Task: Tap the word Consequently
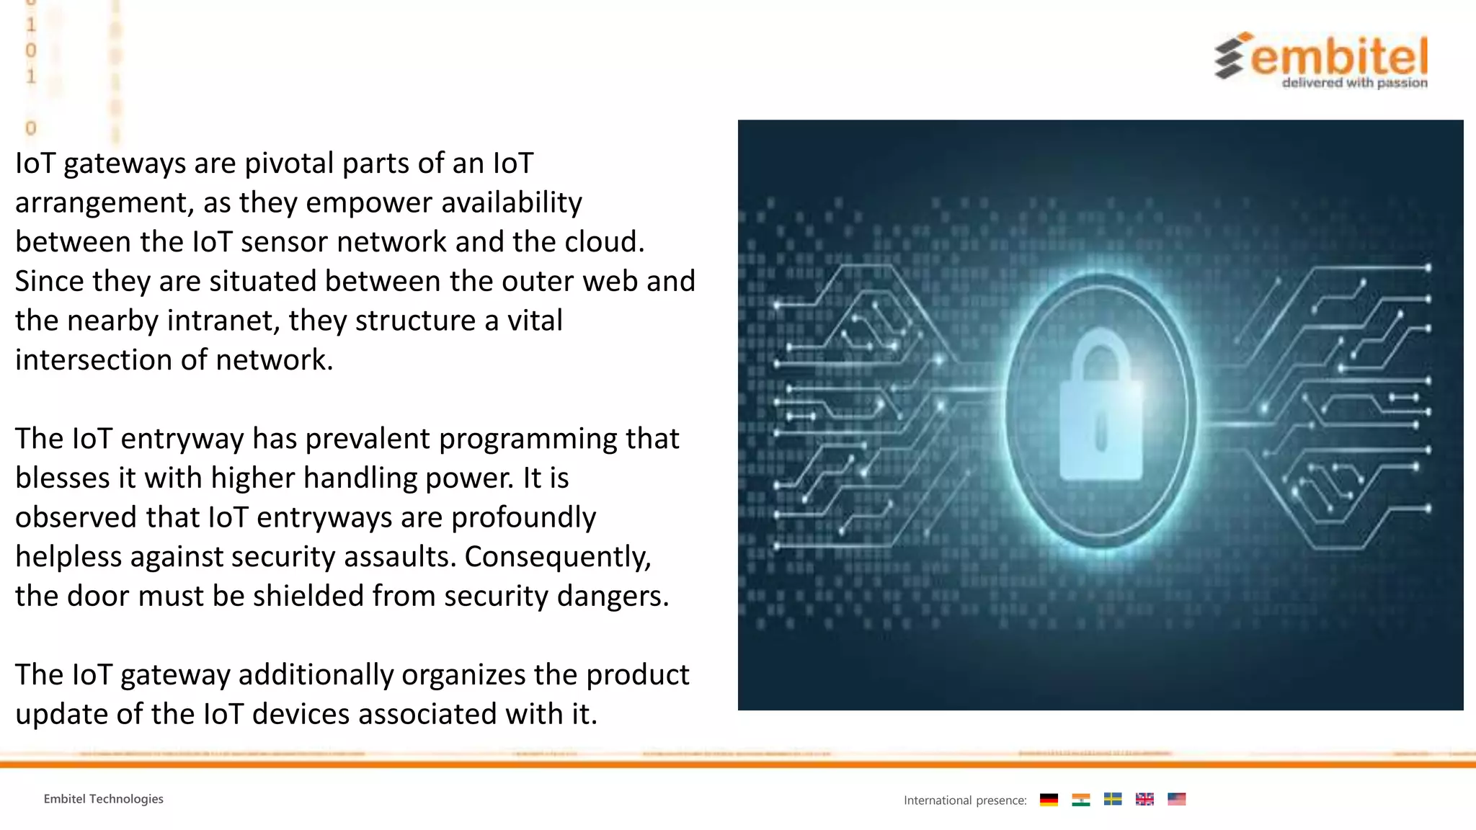click(x=557, y=557)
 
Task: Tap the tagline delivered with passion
click(x=1354, y=83)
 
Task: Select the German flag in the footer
click(x=1049, y=800)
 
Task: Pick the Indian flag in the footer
click(x=1080, y=800)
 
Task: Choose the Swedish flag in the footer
click(x=1113, y=800)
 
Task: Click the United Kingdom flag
click(x=1144, y=800)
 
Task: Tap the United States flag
click(x=1176, y=800)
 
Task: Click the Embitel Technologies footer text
click(x=104, y=799)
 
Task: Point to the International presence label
click(x=965, y=800)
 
